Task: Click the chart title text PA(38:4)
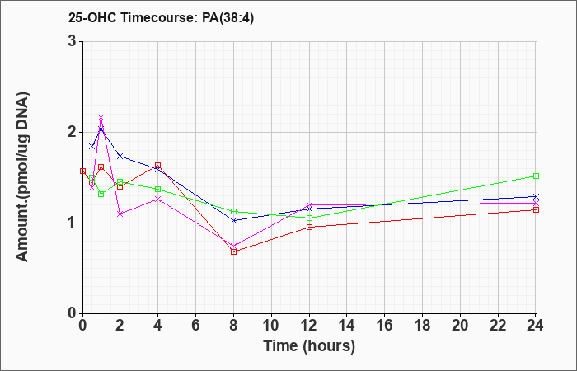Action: (228, 18)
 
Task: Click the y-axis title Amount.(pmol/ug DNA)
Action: (23, 176)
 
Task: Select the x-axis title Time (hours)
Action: (309, 346)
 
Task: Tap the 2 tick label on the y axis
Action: (72, 132)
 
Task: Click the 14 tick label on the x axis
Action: (347, 326)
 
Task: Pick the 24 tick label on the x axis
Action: (536, 326)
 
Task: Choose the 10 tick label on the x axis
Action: (271, 326)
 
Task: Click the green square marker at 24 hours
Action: (536, 176)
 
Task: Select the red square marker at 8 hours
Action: (233, 251)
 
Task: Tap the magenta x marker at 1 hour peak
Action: (101, 118)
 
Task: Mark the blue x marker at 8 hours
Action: (233, 220)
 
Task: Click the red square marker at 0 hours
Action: (82, 171)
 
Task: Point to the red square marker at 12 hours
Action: (309, 227)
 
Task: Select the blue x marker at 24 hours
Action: (536, 196)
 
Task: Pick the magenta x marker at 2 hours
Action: (120, 214)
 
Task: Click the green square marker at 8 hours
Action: (233, 212)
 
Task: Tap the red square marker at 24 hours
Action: (536, 209)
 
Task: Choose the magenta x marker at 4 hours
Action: (158, 200)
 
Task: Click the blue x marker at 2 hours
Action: (120, 156)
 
